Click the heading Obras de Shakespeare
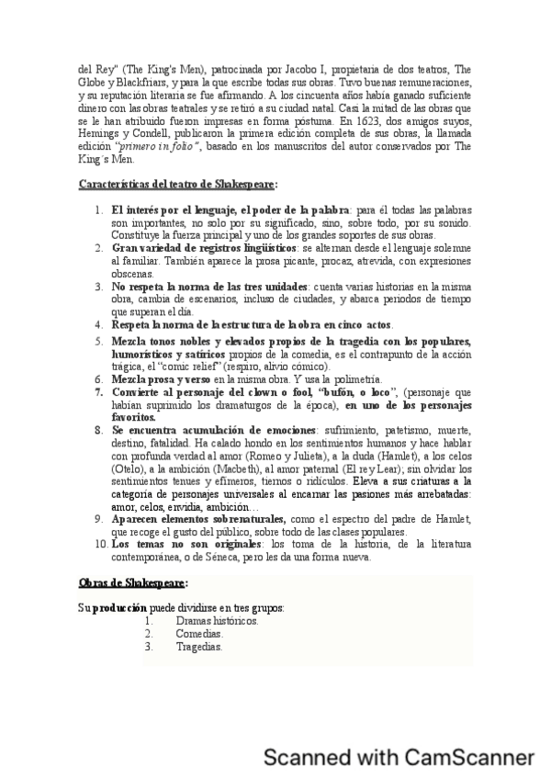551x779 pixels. tap(133, 581)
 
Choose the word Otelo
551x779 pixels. tap(128, 467)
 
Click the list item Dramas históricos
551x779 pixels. tap(217, 620)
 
